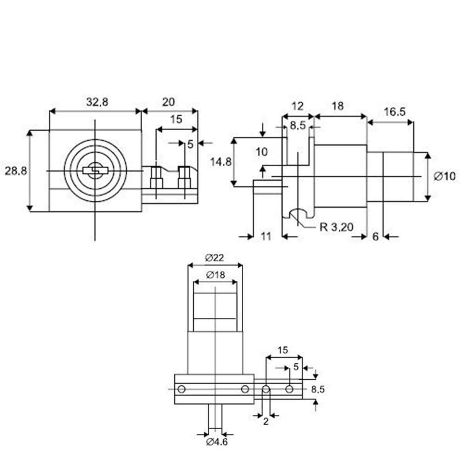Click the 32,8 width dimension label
[x=97, y=102]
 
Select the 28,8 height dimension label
[x=16, y=171]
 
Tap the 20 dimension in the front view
[x=168, y=102]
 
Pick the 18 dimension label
[x=338, y=106]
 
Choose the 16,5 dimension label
[x=394, y=112]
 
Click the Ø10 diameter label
[x=445, y=176]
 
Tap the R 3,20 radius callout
[x=336, y=227]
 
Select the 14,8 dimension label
[x=220, y=161]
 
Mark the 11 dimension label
[x=266, y=236]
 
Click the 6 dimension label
[x=375, y=236]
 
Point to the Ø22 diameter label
[x=215, y=257]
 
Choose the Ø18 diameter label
[x=215, y=275]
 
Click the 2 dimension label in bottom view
[x=266, y=421]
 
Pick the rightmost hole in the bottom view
[x=289, y=389]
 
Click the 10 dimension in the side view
[x=262, y=152]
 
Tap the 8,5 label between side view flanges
[x=297, y=125]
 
